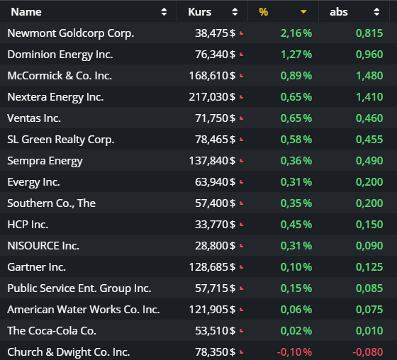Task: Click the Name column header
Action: (x=26, y=11)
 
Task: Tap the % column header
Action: (x=264, y=11)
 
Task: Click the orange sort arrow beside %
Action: (x=304, y=11)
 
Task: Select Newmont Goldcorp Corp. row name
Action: (x=70, y=33)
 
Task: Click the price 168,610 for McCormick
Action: (x=209, y=76)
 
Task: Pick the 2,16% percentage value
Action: (x=296, y=33)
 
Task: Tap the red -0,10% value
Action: (x=294, y=352)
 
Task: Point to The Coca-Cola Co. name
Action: (x=52, y=331)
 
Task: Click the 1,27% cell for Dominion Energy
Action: (x=296, y=55)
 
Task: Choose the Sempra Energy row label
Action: (x=45, y=161)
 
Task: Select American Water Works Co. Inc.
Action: (x=83, y=310)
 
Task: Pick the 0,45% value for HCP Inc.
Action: (x=296, y=225)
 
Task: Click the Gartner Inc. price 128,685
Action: (x=209, y=267)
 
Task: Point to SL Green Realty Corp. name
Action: (x=60, y=140)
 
